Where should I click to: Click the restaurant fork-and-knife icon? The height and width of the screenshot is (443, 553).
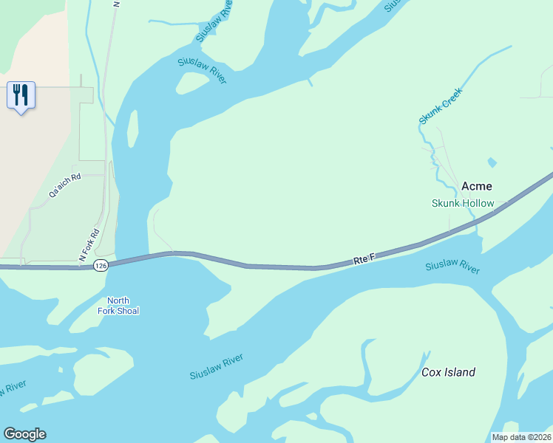[21, 95]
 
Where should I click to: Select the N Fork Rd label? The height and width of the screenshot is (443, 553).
[88, 246]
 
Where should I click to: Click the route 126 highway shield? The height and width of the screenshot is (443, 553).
[102, 265]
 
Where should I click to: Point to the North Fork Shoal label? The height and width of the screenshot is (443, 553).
[118, 306]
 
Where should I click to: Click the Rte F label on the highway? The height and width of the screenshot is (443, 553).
[364, 258]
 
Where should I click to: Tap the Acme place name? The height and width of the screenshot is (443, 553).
[477, 186]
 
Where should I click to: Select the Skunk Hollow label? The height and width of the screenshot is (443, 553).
[463, 203]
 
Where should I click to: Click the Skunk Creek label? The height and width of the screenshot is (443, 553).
[440, 106]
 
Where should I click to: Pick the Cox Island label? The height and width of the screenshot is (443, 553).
[448, 372]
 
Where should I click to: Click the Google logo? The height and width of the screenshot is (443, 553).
[24, 434]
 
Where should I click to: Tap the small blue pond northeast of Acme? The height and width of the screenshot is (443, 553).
[492, 162]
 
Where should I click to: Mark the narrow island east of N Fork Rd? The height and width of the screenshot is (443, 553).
[132, 128]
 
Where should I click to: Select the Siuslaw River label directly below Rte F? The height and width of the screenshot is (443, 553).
[452, 267]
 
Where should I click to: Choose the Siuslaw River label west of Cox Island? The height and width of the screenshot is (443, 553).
[216, 367]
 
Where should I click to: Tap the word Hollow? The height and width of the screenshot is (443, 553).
[478, 203]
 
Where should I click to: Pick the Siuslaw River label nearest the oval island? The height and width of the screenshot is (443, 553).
[201, 70]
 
